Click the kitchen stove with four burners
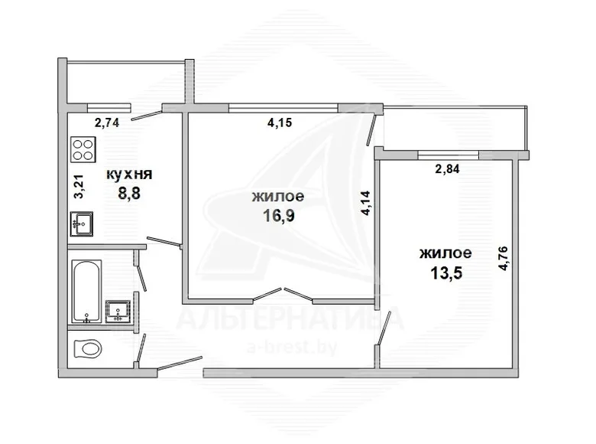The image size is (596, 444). [x=83, y=149]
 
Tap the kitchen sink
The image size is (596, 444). [x=81, y=224]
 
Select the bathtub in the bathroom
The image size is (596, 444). [x=86, y=292]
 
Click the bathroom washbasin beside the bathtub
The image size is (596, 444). [x=118, y=312]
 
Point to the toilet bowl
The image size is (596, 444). [x=86, y=348]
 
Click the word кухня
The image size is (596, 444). [x=129, y=175]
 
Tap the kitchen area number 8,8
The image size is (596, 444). [x=129, y=194]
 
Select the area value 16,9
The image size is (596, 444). [x=279, y=216]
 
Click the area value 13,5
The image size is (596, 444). [x=446, y=273]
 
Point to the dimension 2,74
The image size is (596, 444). [x=107, y=122]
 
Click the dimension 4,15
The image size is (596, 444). [x=280, y=122]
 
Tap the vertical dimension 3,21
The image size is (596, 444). [x=79, y=186]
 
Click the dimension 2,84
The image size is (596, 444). [x=447, y=168]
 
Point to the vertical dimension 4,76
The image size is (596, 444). [x=503, y=259]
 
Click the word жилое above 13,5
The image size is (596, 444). [x=445, y=253]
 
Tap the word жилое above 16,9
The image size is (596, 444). [x=278, y=197]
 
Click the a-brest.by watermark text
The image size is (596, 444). [x=292, y=348]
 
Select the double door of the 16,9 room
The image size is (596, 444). [x=283, y=295]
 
